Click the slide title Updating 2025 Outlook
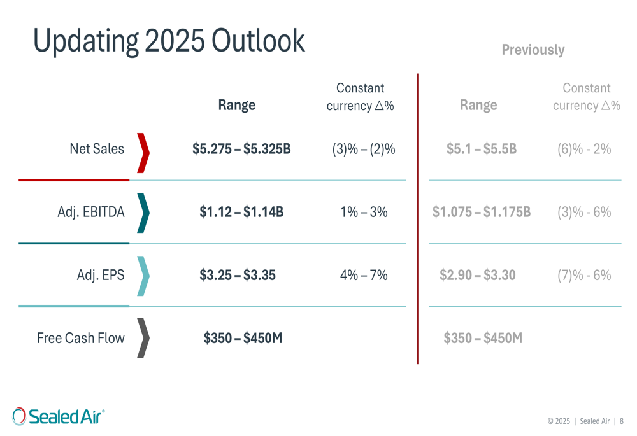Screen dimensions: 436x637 point(169,40)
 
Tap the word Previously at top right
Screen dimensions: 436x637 point(533,50)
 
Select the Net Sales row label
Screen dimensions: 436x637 point(97,149)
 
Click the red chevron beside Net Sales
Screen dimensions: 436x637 point(143,153)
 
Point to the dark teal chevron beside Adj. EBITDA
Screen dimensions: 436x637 point(143,213)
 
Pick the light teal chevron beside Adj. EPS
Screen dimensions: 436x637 point(143,276)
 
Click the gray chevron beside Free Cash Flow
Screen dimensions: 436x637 point(143,338)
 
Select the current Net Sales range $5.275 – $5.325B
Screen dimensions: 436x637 point(241,149)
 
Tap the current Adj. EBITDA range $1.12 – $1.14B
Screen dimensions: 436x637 point(241,212)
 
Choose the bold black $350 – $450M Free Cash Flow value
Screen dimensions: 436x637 point(243,338)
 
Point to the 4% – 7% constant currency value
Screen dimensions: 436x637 point(364,275)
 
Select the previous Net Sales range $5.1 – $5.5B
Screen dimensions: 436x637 point(481,149)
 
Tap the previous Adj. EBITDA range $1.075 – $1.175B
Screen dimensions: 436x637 point(481,212)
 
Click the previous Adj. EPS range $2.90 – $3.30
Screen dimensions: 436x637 point(478,275)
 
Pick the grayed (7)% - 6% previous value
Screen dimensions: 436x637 point(584,275)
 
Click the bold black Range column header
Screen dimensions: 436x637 point(236,105)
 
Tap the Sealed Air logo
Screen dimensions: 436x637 point(59,416)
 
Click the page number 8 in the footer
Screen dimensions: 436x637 point(621,421)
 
